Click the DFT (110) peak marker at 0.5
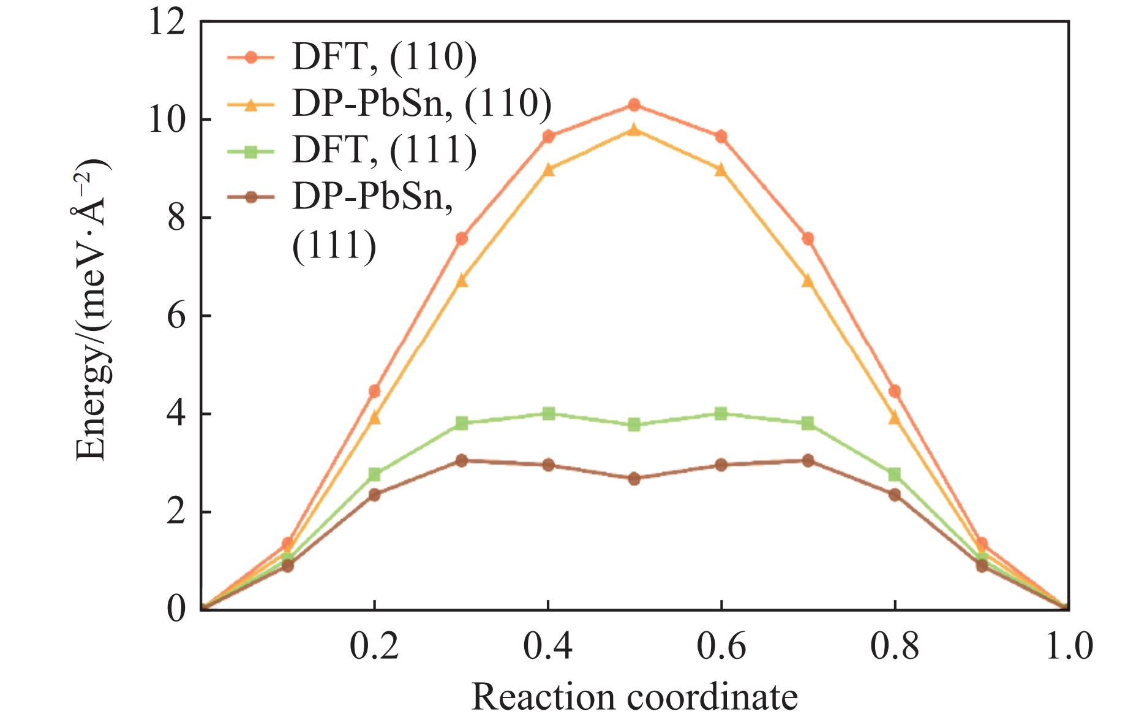click(634, 105)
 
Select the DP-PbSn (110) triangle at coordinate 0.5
click(634, 129)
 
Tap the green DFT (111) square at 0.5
click(634, 424)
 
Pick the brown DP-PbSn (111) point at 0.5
click(634, 478)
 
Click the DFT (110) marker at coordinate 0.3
click(462, 238)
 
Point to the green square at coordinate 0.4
click(549, 413)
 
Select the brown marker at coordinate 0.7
click(808, 460)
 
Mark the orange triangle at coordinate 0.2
click(375, 418)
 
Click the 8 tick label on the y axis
click(176, 218)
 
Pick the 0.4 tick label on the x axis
click(548, 647)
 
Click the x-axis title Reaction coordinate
click(634, 697)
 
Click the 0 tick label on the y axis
click(176, 609)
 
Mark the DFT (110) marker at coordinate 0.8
click(894, 391)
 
